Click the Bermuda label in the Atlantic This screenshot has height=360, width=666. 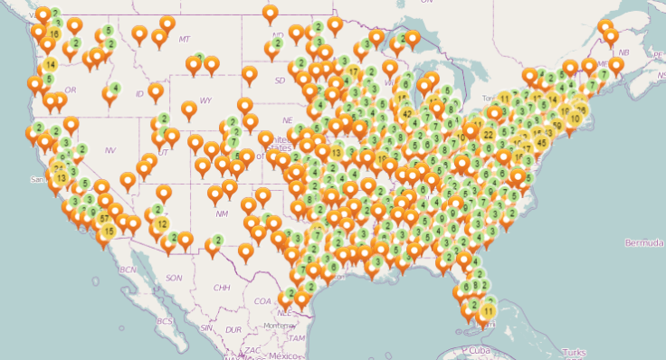click(x=643, y=242)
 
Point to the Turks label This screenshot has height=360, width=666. click(x=574, y=351)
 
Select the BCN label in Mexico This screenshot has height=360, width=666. click(x=128, y=270)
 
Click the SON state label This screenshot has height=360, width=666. click(x=175, y=278)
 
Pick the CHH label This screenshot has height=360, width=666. click(x=221, y=288)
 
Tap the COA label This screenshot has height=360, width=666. click(x=263, y=301)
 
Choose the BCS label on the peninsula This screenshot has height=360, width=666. click(x=164, y=321)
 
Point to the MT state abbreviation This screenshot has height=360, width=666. click(x=185, y=39)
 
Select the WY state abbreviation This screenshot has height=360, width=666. click(x=206, y=99)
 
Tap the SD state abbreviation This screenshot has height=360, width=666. click(x=280, y=80)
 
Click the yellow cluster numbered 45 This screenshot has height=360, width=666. click(x=542, y=141)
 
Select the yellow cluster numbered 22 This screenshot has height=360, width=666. click(x=488, y=135)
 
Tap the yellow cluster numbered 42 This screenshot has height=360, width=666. click(x=405, y=113)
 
